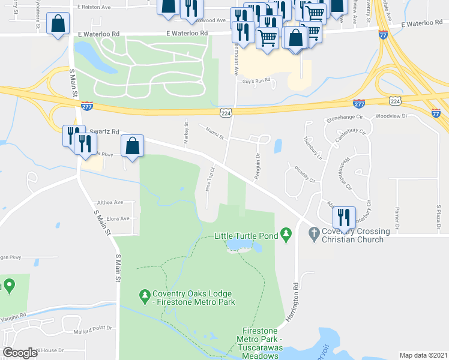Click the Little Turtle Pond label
coord(246,236)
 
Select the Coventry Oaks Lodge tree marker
coord(144,295)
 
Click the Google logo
coord(20,353)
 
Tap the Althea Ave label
coord(109,202)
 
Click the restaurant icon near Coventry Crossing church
coord(344,216)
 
